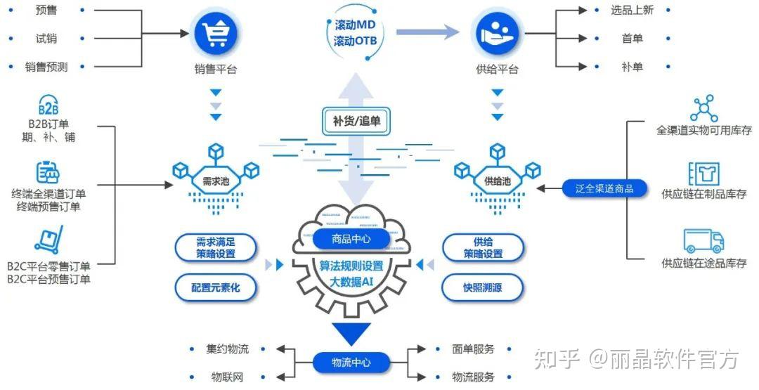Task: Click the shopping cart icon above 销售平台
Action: [216, 34]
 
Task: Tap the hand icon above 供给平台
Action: [497, 34]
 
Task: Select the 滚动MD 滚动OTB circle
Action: [356, 32]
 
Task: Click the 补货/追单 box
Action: [356, 121]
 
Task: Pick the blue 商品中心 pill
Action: [351, 239]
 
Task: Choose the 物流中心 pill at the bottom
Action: [351, 363]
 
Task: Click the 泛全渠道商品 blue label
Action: [604, 188]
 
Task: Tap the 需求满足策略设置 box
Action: [216, 247]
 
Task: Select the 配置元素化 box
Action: [216, 287]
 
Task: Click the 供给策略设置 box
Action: [483, 247]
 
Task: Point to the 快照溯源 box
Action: [483, 287]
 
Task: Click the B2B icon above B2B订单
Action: [48, 108]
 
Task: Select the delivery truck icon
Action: [703, 241]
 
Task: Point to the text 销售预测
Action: [46, 67]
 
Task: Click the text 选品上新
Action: [632, 11]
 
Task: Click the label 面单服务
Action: [473, 349]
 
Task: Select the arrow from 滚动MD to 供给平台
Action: [427, 32]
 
